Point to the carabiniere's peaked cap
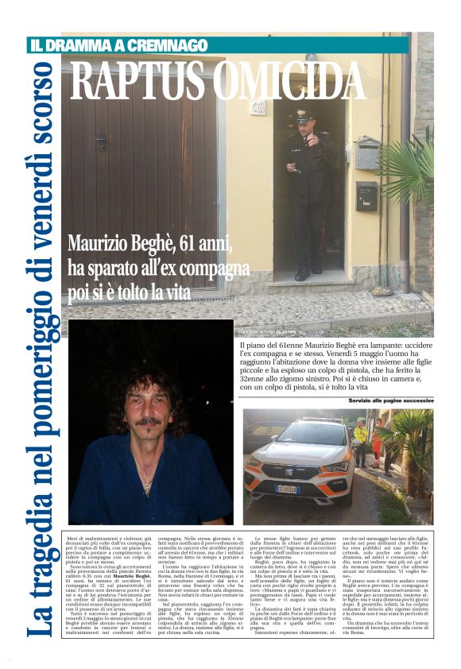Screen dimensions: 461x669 click(x=305, y=114)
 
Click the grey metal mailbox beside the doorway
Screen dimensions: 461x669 click(x=367, y=153)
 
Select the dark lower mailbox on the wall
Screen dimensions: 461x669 click(x=366, y=195)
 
